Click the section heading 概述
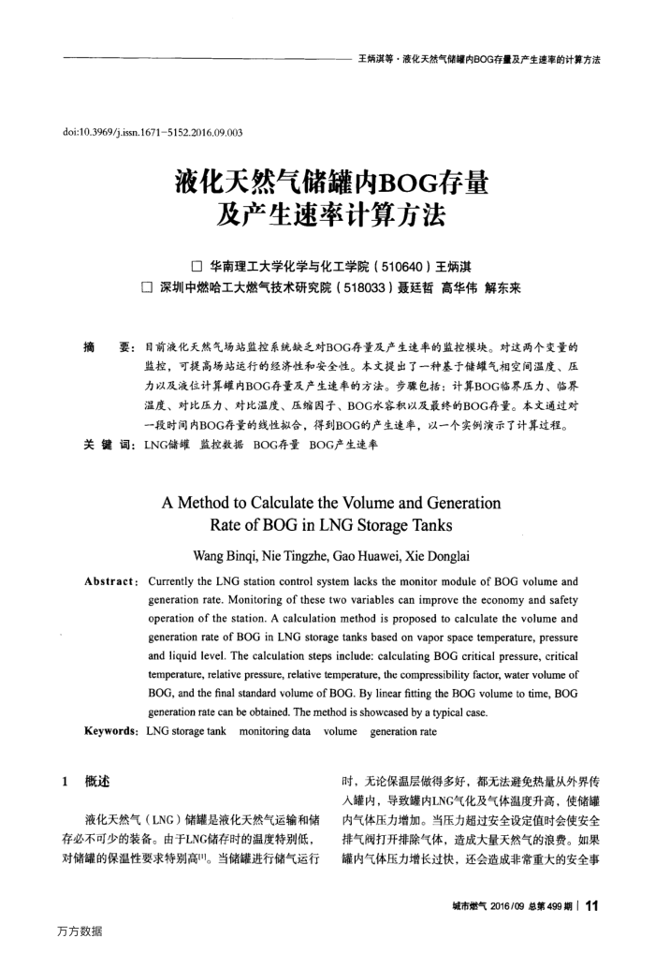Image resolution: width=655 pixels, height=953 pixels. [96, 780]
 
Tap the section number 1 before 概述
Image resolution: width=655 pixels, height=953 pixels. [64, 780]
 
